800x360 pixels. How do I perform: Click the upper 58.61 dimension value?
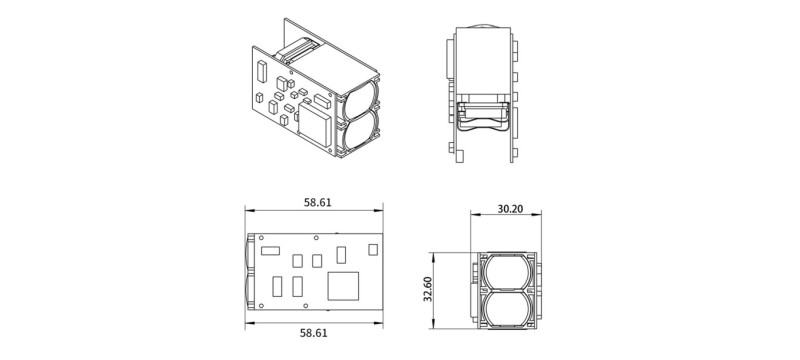(x=317, y=202)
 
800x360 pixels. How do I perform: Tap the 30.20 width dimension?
(x=510, y=209)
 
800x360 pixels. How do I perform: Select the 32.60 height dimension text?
(x=428, y=289)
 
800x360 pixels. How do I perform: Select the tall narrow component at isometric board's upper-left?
(x=259, y=71)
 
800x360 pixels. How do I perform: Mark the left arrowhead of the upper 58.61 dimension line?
(x=249, y=211)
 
